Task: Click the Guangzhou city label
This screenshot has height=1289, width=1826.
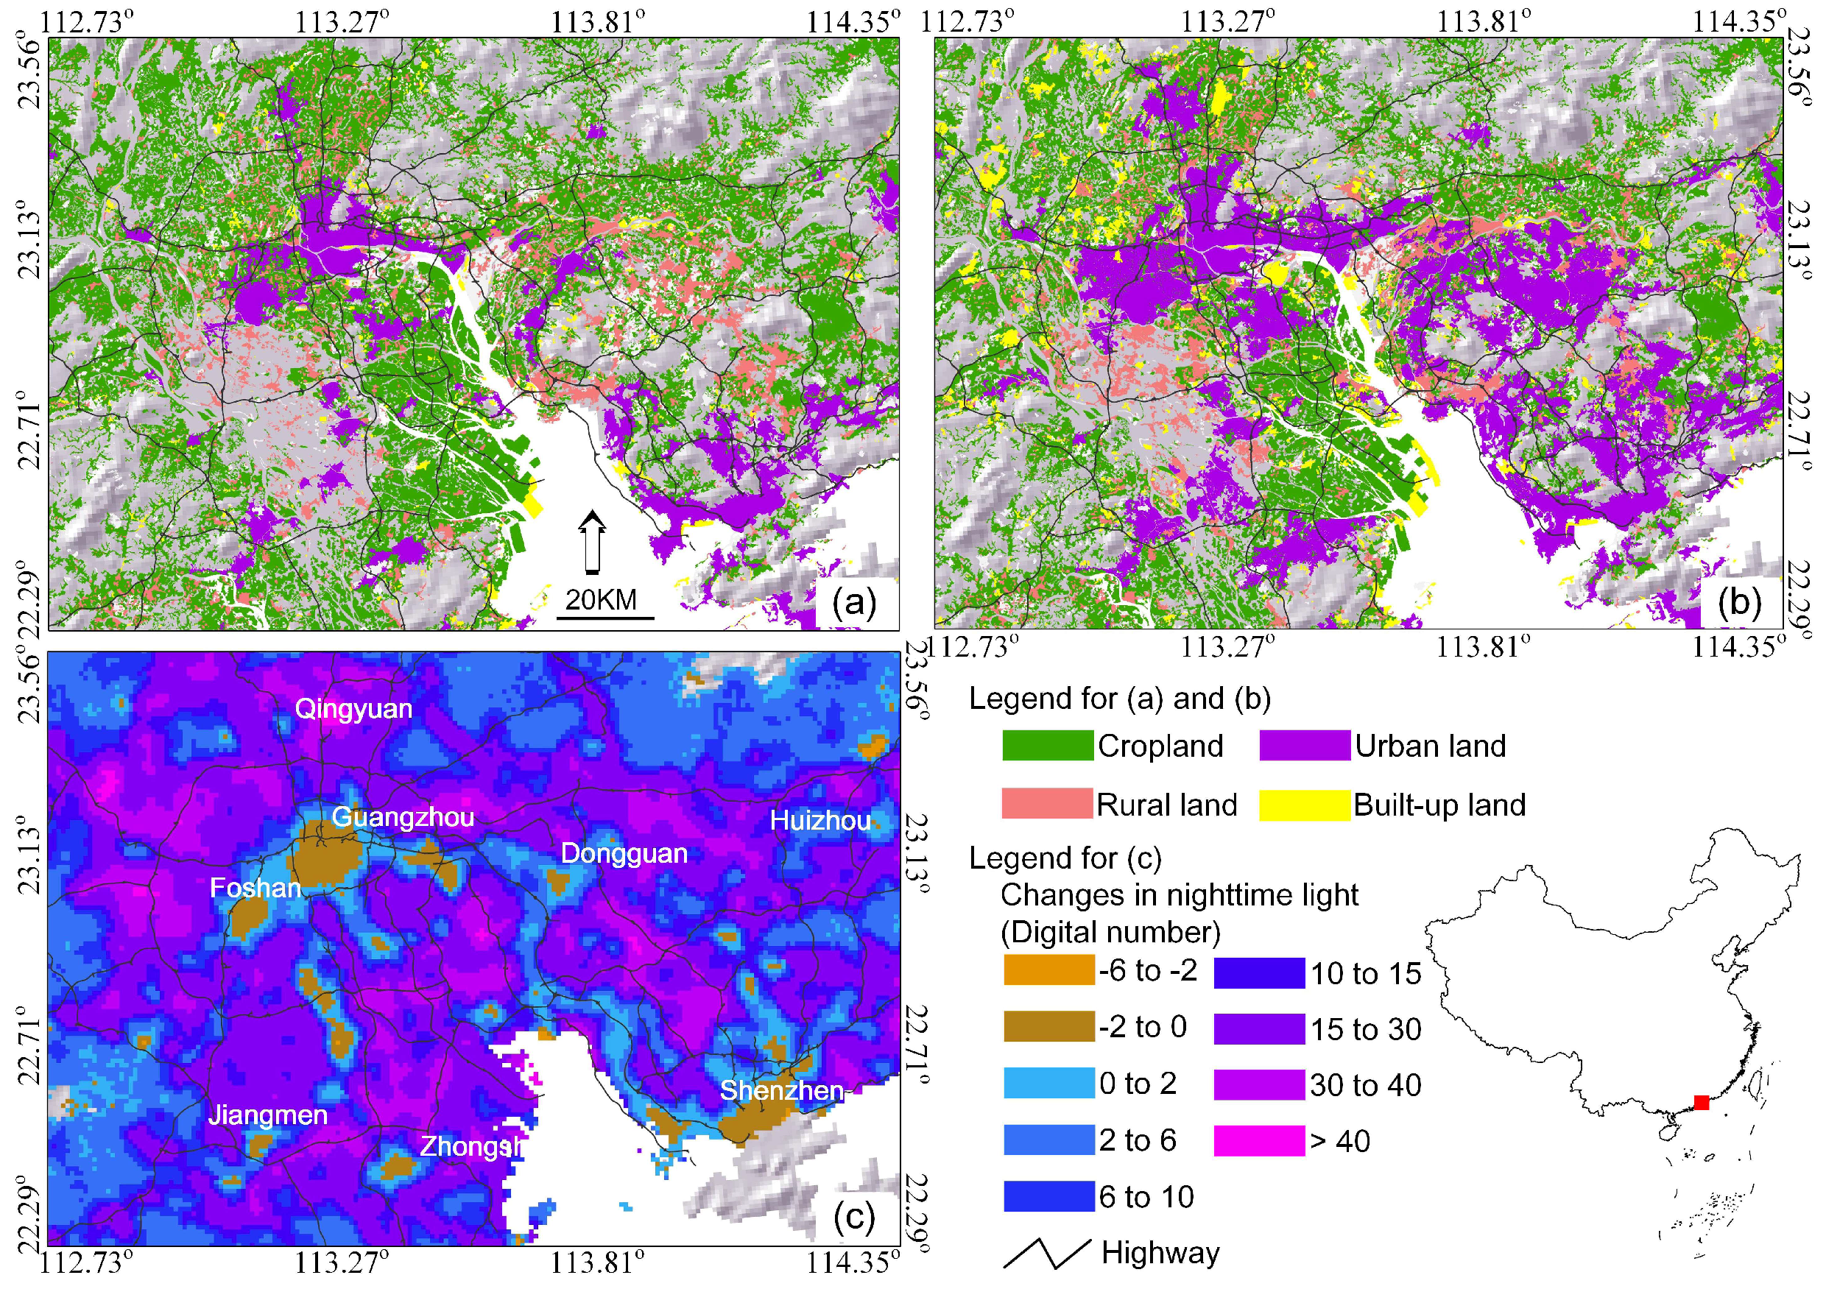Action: point(403,817)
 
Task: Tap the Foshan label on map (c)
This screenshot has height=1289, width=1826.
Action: point(255,889)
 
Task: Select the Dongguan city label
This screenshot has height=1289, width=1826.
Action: point(624,854)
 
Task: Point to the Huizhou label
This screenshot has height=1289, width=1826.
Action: point(820,822)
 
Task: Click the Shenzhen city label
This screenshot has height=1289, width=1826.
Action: point(781,1091)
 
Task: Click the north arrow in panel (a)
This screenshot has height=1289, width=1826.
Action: point(592,542)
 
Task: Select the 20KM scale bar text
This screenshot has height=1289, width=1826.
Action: point(602,599)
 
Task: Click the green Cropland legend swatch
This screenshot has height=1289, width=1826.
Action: point(1048,746)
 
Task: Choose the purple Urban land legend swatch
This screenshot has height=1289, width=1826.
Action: point(1304,746)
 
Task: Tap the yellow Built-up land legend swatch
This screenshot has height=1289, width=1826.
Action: point(1304,805)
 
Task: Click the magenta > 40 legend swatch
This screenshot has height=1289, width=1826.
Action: point(1259,1140)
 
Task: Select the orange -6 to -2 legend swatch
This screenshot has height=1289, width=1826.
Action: point(1049,970)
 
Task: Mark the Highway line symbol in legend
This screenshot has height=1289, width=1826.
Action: point(1046,1253)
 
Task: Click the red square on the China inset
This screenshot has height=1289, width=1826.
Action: point(1701,1102)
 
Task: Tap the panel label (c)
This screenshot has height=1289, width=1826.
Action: point(853,1216)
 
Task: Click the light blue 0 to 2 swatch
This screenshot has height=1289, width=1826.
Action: point(1049,1083)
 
